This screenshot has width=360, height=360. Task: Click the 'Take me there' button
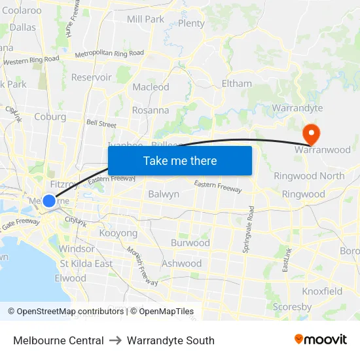[180, 160]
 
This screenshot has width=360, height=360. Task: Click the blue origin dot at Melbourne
[49, 201]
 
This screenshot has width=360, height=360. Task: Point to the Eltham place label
[236, 84]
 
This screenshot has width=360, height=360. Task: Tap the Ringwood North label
[309, 176]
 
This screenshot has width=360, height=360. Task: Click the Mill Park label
[145, 19]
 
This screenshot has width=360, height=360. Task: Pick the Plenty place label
[191, 24]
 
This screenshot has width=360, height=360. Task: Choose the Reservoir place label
[91, 77]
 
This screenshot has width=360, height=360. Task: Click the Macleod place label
[151, 87]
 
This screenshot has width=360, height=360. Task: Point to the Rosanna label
[151, 110]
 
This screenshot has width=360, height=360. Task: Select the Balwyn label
[164, 194]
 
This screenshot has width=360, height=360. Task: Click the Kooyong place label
[118, 233]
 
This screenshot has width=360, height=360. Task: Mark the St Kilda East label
[86, 263]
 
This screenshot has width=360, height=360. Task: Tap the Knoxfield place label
[322, 291]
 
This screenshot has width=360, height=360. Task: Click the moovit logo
[321, 339]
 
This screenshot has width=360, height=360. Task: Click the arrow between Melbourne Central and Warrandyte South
[115, 340]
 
